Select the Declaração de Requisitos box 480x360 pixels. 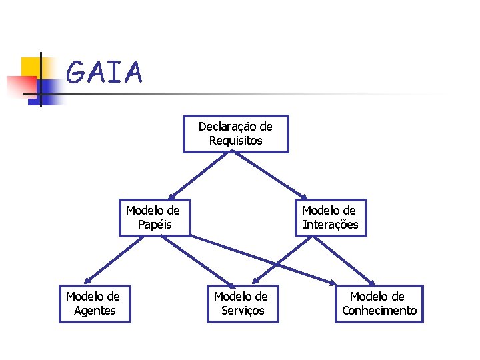pyautogui.click(x=236, y=133)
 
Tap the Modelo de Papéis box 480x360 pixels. pyautogui.click(x=154, y=217)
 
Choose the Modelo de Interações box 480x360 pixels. pyautogui.click(x=331, y=217)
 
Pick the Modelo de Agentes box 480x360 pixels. pyautogui.click(x=95, y=303)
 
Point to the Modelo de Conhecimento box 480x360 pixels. pyautogui.click(x=379, y=303)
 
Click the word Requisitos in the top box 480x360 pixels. pyautogui.click(x=236, y=141)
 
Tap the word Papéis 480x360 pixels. pyautogui.click(x=155, y=225)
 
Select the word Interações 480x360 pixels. pyautogui.click(x=331, y=225)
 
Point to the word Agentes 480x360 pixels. pyautogui.click(x=95, y=311)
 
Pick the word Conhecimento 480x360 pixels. pyautogui.click(x=379, y=311)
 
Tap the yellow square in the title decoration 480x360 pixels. pyautogui.click(x=31, y=67)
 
